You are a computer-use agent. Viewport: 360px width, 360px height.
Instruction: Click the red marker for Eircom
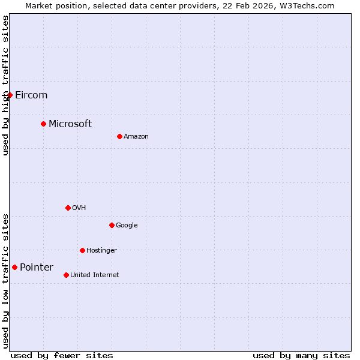click(10, 95)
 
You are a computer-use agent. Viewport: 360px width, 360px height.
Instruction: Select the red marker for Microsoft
click(43, 124)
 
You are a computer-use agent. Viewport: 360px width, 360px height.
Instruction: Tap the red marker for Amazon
click(119, 136)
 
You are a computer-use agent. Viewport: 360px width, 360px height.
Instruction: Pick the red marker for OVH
click(68, 208)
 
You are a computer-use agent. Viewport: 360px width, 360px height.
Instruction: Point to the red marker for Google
click(112, 225)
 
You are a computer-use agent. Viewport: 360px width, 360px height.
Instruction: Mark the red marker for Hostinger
click(82, 250)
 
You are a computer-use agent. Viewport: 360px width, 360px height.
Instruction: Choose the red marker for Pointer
click(14, 267)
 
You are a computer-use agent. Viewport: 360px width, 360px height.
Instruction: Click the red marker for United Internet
click(66, 275)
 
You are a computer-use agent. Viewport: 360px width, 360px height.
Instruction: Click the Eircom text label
click(31, 95)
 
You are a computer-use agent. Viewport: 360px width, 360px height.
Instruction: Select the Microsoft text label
click(70, 124)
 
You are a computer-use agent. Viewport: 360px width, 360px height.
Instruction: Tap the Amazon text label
click(136, 136)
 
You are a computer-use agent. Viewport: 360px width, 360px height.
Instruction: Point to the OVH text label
click(79, 208)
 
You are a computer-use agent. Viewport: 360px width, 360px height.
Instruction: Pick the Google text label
click(127, 225)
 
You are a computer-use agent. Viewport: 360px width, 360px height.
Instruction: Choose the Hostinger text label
click(101, 250)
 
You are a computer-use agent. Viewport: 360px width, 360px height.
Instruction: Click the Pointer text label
click(37, 267)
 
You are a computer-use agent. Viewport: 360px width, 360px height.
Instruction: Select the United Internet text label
click(95, 275)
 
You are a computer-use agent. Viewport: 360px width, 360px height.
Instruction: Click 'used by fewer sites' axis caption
click(62, 355)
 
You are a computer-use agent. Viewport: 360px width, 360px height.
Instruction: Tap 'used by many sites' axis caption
click(301, 355)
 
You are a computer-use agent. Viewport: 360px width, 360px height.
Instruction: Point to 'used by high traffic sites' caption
click(5, 85)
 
